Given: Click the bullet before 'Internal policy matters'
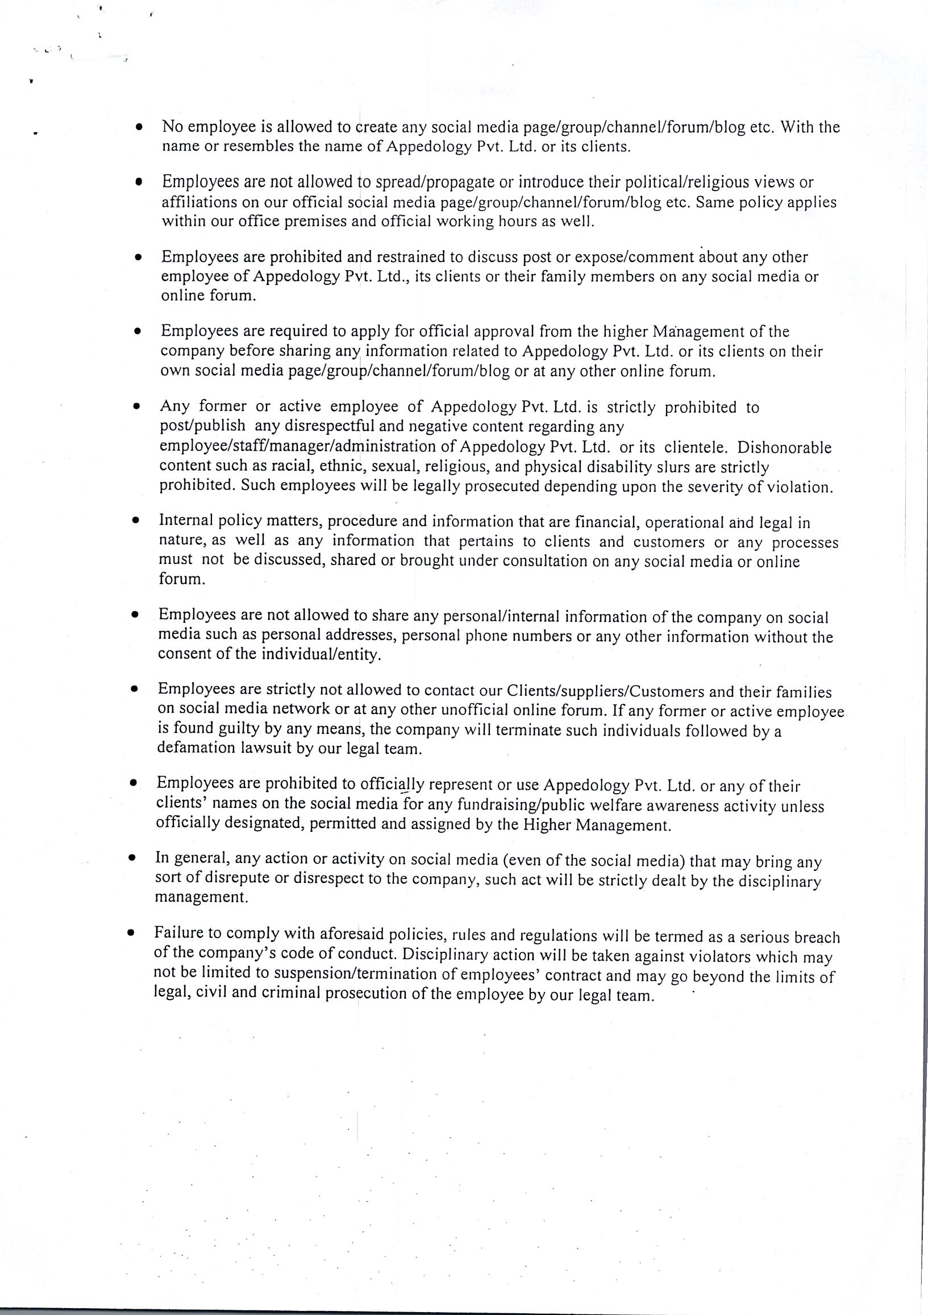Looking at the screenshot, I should click(135, 521).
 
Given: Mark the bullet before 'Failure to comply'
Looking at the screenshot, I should click(131, 933).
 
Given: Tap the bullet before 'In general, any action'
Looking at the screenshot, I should click(132, 858).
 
